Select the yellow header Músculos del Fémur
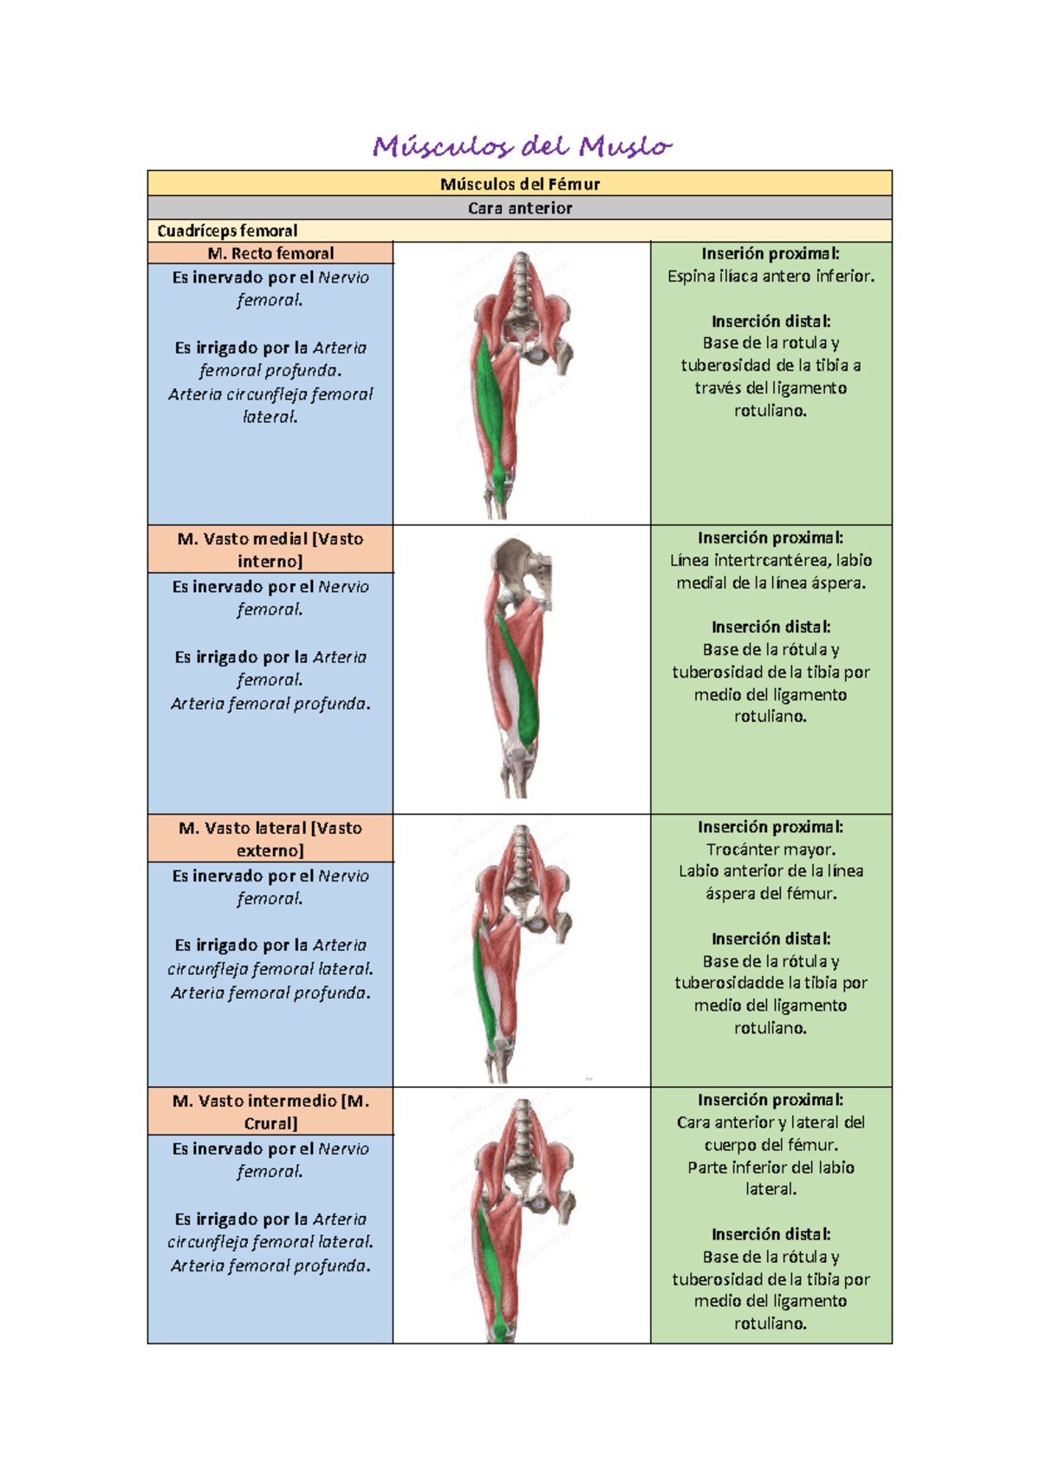[520, 184]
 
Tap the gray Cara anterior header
[520, 208]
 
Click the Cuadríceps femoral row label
[227, 231]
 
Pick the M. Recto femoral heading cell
[270, 253]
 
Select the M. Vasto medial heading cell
[270, 550]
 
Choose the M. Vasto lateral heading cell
[270, 839]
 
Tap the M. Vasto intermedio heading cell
[270, 1112]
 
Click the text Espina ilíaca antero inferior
[771, 276]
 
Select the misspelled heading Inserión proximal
[771, 253]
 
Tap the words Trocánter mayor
[771, 849]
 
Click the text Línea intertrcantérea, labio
[771, 561]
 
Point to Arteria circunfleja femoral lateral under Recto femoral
[270, 406]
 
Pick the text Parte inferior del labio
[771, 1168]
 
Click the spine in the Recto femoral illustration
[521, 289]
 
